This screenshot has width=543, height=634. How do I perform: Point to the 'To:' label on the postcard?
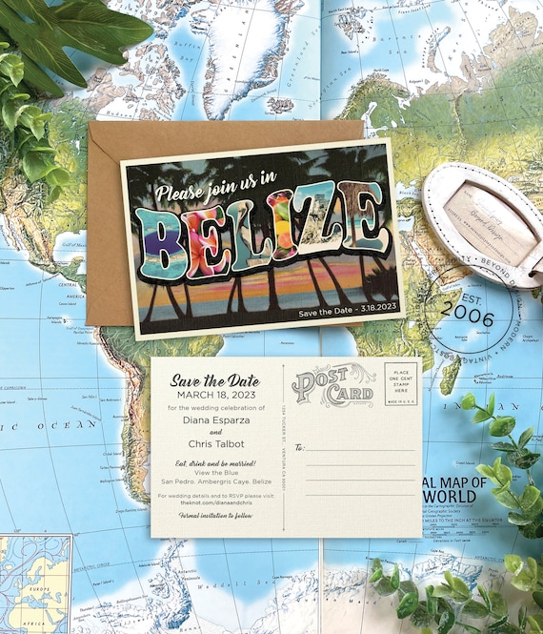299,446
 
